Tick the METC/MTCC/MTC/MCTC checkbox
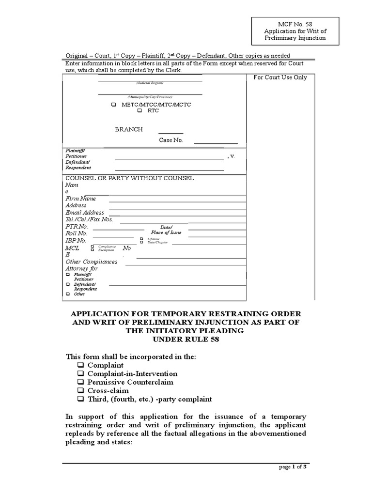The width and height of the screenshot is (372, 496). tap(113, 104)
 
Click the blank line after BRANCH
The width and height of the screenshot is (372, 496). tap(171, 132)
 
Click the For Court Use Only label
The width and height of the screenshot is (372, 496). tap(280, 77)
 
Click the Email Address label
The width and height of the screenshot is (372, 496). tap(85, 213)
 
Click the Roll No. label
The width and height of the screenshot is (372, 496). tap(76, 233)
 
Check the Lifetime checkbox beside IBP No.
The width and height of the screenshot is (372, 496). tap(141, 239)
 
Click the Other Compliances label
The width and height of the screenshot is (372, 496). tap(92, 262)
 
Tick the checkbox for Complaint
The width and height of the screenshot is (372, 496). tap(80, 365)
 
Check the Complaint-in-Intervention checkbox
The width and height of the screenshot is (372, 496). tap(80, 374)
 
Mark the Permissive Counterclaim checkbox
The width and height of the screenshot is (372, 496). tap(80, 382)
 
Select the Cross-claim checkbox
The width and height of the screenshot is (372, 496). tap(80, 391)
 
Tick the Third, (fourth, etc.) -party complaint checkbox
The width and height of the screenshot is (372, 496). tap(80, 399)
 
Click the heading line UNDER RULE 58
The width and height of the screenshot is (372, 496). tap(186, 339)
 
